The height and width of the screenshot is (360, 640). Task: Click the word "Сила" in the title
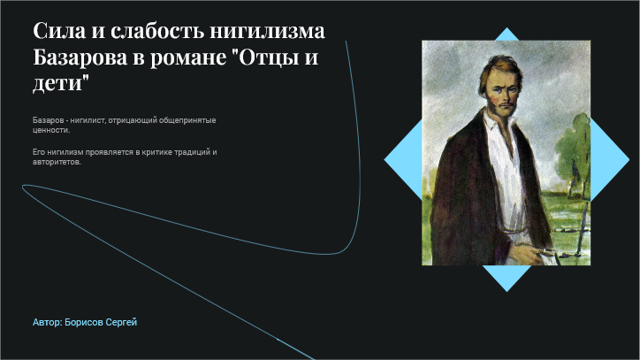point(59,31)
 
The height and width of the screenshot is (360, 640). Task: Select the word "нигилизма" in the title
point(267,31)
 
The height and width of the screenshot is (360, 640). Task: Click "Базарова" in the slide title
point(80,57)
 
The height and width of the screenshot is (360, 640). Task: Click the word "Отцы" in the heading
point(268,57)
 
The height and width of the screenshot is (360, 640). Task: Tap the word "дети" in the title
point(60,84)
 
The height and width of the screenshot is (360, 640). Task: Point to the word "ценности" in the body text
point(51,131)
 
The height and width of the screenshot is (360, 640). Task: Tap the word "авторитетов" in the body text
point(57,162)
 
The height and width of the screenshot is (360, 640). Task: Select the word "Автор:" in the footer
point(48,322)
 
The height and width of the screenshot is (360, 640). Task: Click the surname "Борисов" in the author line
point(84,322)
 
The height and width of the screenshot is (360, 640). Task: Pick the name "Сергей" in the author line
point(121,322)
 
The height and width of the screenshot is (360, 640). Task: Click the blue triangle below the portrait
point(507,275)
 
